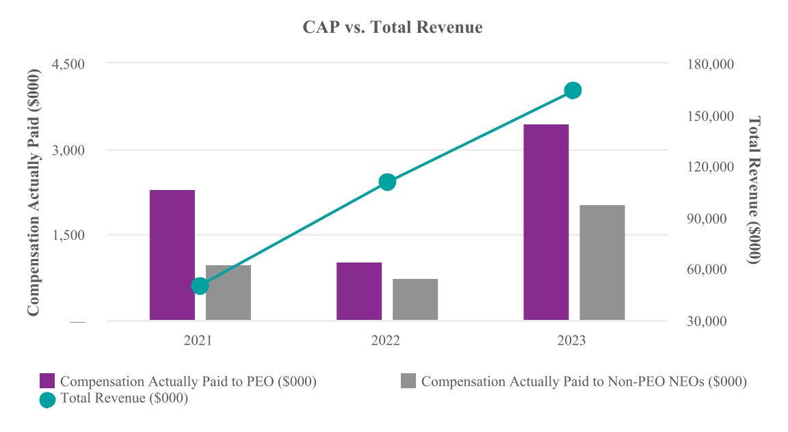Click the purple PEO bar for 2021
point(172,255)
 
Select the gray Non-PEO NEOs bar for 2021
point(228,293)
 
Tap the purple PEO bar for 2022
point(359,291)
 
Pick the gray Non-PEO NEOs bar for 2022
point(415,299)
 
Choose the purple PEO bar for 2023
point(546,222)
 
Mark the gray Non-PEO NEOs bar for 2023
point(602,262)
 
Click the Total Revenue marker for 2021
point(200,286)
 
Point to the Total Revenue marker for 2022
point(387,182)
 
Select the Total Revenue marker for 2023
point(573,90)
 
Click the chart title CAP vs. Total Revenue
point(393,27)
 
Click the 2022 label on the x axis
point(386,340)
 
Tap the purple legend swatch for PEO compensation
point(47,381)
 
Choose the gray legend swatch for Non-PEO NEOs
point(408,381)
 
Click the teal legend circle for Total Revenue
point(47,399)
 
